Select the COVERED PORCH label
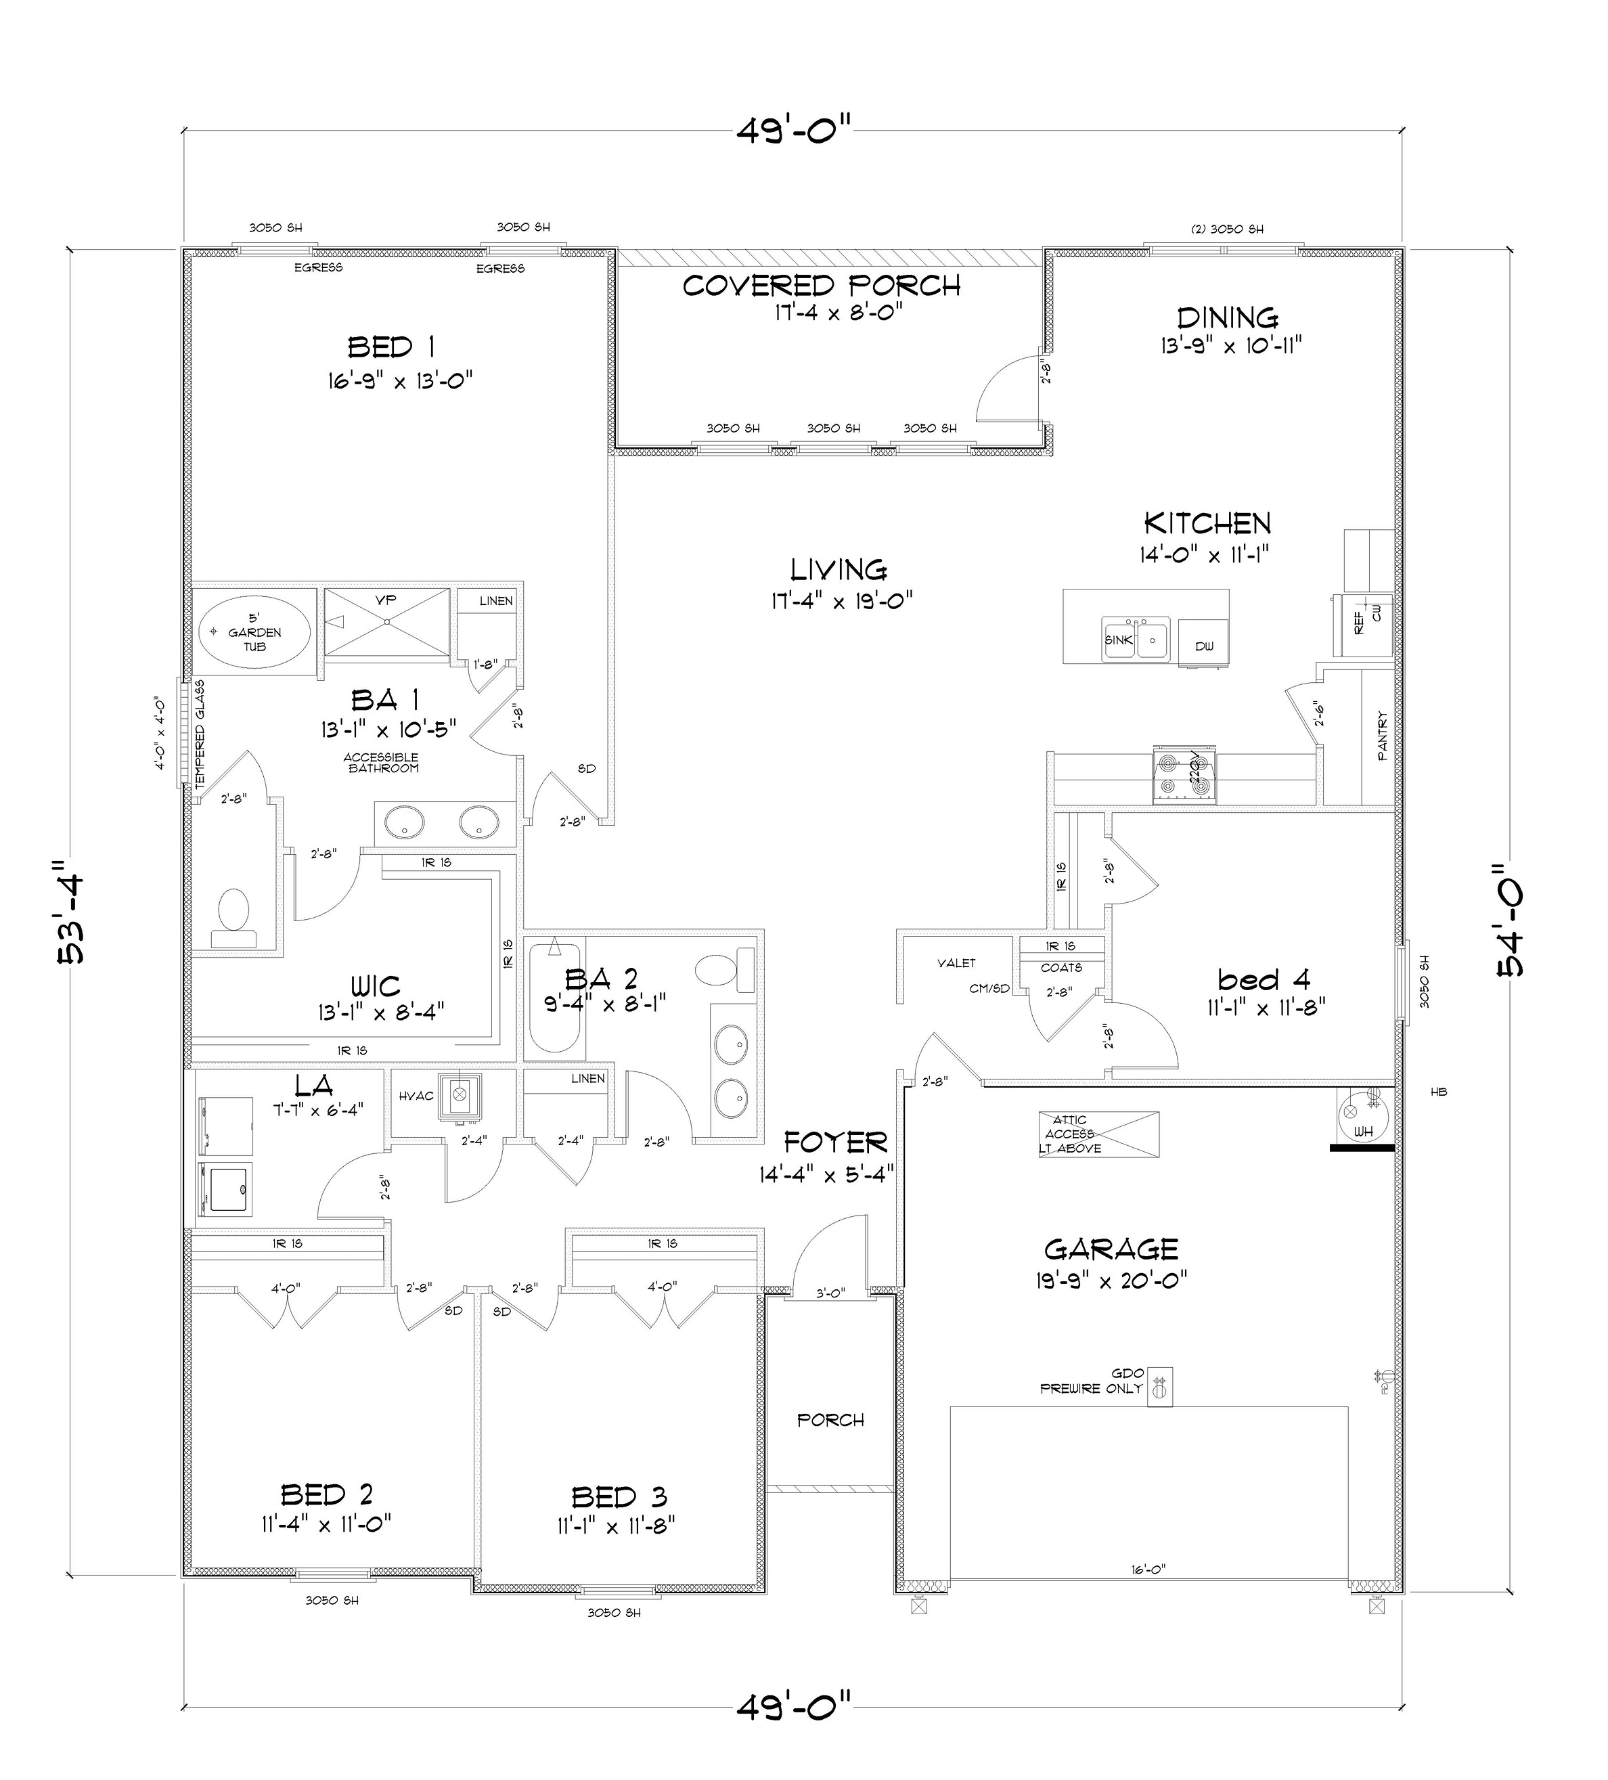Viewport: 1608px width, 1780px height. [820, 285]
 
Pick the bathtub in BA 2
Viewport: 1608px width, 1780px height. [554, 998]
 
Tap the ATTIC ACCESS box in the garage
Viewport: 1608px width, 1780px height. [1098, 1134]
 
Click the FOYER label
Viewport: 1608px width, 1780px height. [834, 1142]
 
